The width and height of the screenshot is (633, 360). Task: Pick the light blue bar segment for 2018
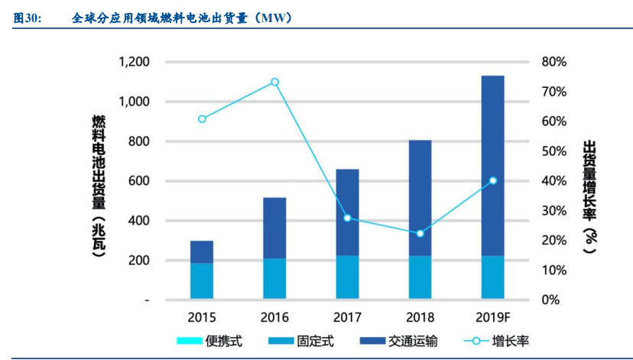coord(420,277)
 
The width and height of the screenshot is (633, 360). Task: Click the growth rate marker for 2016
coord(275,82)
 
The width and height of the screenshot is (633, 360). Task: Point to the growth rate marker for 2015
coord(202,119)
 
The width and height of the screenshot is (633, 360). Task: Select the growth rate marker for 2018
coord(420,233)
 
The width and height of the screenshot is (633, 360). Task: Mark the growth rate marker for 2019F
coord(492,180)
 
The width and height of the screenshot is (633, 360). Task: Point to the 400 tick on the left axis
coord(138,221)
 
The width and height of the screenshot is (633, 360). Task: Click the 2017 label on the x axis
coord(347,317)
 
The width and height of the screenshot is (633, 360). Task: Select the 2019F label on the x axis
coord(493,317)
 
